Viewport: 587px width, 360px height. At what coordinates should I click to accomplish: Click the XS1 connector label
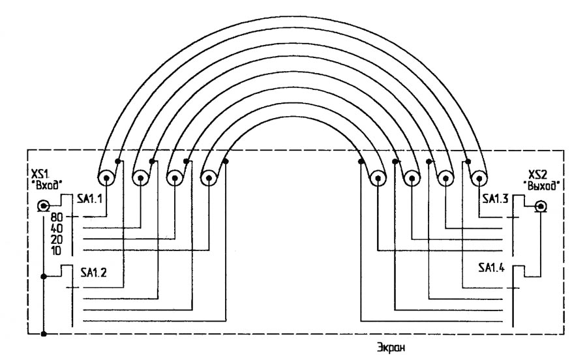[37, 175]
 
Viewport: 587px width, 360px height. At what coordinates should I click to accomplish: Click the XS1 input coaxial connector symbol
[42, 207]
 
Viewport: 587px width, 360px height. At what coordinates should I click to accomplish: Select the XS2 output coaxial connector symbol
[540, 207]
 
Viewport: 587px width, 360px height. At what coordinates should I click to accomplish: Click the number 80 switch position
[55, 217]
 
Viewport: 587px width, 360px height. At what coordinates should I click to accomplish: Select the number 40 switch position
[55, 228]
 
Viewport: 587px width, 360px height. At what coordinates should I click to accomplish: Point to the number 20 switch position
[55, 239]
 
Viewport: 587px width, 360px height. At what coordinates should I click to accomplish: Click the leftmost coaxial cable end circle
[106, 177]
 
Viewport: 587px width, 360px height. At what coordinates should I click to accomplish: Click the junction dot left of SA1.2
[43, 277]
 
